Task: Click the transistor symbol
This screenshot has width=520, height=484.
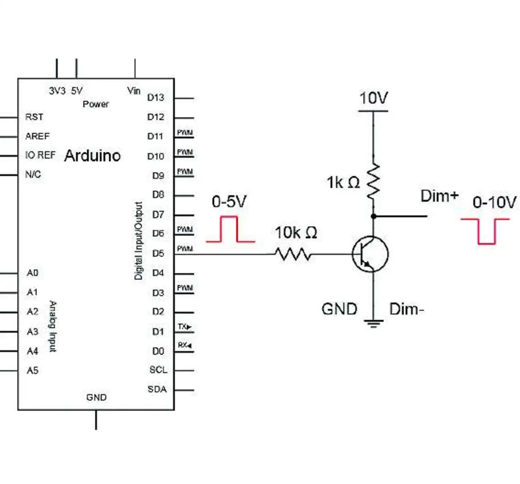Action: click(370, 254)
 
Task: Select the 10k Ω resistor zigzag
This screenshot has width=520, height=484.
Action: click(293, 254)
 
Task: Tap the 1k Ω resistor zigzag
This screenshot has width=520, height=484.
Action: click(373, 181)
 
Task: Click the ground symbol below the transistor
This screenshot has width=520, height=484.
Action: click(373, 324)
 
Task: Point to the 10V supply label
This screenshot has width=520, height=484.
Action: click(373, 98)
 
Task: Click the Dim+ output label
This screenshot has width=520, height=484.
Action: click(439, 196)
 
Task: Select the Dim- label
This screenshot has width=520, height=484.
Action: click(406, 309)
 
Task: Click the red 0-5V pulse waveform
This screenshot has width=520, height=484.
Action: click(230, 229)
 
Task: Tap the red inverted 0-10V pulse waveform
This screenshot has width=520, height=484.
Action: click(485, 232)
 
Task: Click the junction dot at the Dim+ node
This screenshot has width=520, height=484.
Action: click(374, 216)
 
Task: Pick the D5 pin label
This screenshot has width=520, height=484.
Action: click(158, 253)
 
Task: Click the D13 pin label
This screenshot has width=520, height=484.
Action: click(156, 98)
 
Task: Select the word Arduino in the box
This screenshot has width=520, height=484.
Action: click(92, 156)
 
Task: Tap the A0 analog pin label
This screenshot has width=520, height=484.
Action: click(32, 273)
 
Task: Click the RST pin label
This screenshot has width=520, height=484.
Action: click(34, 117)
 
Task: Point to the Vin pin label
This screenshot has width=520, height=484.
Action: click(134, 91)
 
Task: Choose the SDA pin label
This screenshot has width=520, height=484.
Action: click(157, 389)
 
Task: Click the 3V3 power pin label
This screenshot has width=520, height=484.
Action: click(57, 91)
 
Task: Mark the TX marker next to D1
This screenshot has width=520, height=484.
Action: click(184, 327)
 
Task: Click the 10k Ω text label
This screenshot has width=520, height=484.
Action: click(296, 233)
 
